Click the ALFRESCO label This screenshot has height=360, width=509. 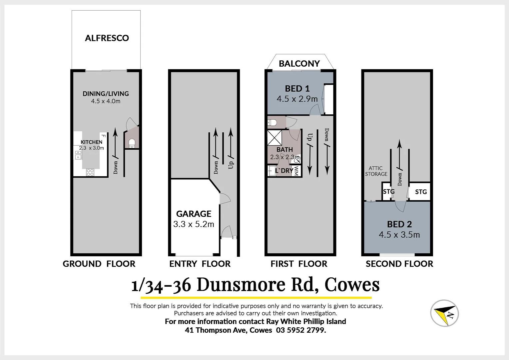click(107, 38)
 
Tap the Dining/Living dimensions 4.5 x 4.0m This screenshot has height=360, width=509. click(106, 101)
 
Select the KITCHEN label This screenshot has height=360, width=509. click(91, 142)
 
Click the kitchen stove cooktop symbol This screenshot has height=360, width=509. click(90, 172)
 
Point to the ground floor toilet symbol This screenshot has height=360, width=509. click(132, 143)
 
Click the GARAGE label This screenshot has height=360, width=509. click(194, 214)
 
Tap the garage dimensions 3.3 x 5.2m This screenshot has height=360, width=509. click(194, 224)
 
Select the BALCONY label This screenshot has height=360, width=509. click(299, 63)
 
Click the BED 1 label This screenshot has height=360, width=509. click(297, 89)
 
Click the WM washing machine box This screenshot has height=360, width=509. click(296, 171)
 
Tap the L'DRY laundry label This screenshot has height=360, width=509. click(284, 171)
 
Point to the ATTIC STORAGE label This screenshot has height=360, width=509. click(376, 171)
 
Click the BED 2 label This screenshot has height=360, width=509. click(399, 224)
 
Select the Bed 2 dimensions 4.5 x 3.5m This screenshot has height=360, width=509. click(399, 235)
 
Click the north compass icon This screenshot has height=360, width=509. click(444, 313)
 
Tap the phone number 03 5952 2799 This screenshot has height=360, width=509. click(301, 330)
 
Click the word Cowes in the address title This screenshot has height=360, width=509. click(352, 285)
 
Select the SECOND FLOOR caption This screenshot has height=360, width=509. click(399, 264)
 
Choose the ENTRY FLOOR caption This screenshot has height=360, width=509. click(200, 264)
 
